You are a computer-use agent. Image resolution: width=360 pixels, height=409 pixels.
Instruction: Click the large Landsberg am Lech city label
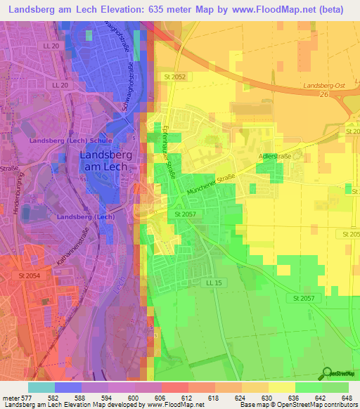point(106,160)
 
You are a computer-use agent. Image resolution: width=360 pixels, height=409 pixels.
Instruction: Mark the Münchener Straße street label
point(217,185)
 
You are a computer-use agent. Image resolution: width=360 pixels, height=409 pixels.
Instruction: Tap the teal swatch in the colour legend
point(41,387)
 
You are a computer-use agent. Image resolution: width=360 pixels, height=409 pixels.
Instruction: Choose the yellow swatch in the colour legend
point(282,387)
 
